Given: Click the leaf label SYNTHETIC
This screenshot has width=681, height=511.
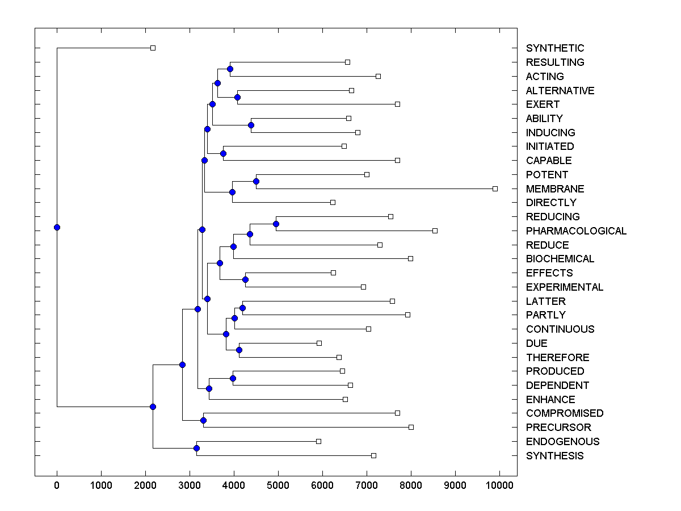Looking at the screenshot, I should [555, 48].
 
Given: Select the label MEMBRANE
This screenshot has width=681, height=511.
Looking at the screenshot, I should [555, 189].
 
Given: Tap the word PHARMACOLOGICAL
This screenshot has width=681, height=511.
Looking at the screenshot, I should [576, 231].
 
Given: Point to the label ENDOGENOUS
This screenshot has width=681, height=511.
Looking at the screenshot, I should [562, 442].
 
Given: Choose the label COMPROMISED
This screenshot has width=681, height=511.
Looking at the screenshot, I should [565, 413].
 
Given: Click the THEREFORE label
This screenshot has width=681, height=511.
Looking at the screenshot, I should [557, 358].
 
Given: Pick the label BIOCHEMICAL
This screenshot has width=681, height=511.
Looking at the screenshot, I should [560, 259].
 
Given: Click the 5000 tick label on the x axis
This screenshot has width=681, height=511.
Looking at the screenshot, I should [278, 485].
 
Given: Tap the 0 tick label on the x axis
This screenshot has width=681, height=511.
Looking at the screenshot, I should [57, 485].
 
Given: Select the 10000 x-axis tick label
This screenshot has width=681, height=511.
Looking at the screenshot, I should [499, 485].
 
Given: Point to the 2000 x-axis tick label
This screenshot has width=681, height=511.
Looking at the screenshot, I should [145, 485].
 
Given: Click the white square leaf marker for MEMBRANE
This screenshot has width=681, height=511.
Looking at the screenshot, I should [495, 189].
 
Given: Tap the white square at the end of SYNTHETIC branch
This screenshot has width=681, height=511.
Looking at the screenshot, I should [153, 48].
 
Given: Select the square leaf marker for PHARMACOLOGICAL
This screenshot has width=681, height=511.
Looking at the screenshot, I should [435, 231].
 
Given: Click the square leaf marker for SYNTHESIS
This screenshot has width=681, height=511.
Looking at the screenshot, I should [373, 455].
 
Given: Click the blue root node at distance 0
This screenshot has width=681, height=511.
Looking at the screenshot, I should [57, 227].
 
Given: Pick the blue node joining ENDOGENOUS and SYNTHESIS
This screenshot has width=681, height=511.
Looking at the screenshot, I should [196, 449].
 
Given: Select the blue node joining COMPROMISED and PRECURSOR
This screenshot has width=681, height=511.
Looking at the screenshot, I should [203, 420].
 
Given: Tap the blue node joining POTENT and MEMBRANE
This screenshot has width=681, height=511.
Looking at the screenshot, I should [256, 181].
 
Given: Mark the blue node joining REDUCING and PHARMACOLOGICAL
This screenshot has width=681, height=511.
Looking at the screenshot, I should [276, 224].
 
